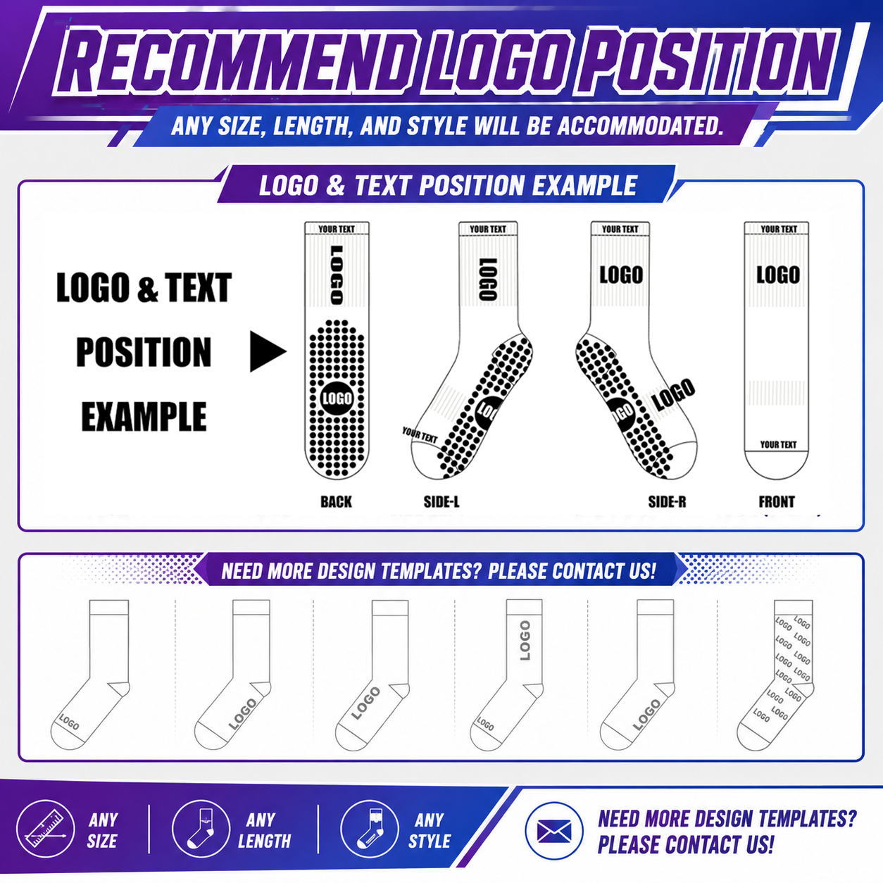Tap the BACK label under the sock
point(336,502)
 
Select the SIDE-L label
point(441,502)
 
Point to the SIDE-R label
point(667,502)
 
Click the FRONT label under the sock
point(777,502)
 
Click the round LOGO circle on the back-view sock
point(337,399)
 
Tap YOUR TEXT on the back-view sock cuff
point(337,229)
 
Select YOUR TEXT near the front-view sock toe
point(778,444)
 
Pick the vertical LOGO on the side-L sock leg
point(487,279)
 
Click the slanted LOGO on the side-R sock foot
point(673,394)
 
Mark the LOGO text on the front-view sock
point(777,275)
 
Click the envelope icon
point(554,832)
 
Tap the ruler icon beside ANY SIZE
point(45,829)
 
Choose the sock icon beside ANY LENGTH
point(201,829)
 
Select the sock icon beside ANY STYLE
point(370,829)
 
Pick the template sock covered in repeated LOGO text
point(776,675)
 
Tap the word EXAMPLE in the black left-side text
point(144,416)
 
